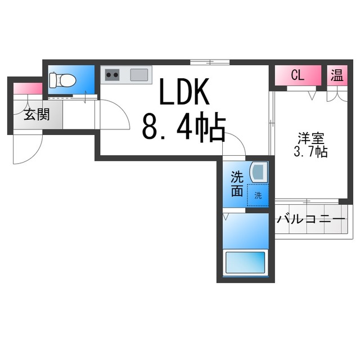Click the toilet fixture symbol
click(61, 80)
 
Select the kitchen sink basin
click(139, 75)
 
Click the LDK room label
click(184, 92)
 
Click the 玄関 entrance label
click(36, 115)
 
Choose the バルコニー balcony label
click(310, 219)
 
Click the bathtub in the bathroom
click(245, 262)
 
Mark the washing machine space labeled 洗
click(258, 196)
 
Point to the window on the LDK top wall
click(209, 62)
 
